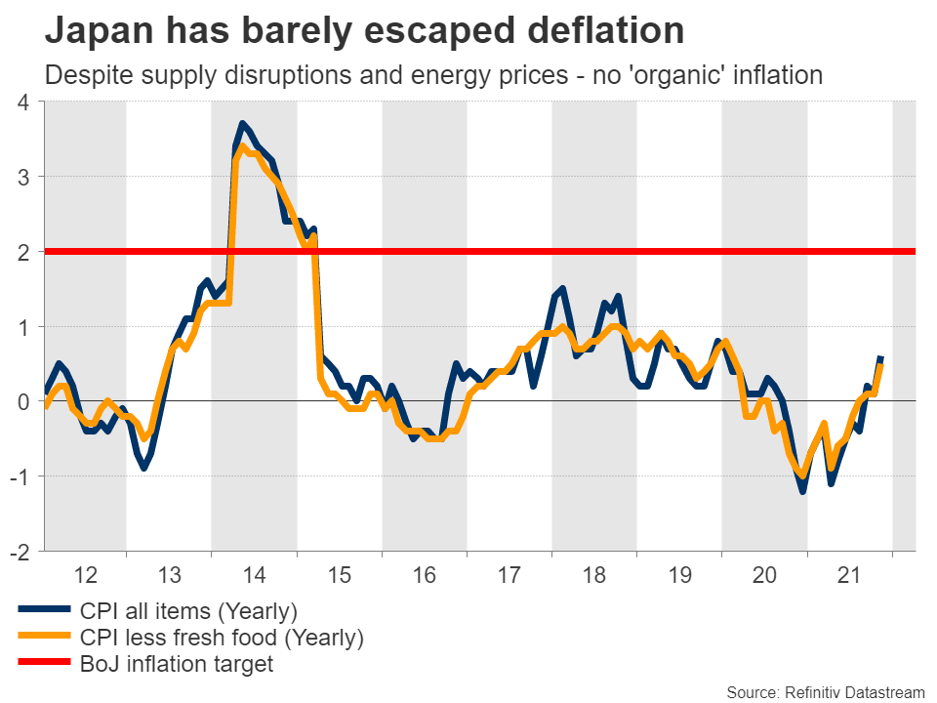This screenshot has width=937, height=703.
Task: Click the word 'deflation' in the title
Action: click(597, 31)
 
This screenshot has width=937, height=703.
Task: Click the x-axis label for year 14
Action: click(254, 575)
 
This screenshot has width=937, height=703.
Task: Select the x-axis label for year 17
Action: click(509, 575)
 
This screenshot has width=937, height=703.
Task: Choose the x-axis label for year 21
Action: click(849, 575)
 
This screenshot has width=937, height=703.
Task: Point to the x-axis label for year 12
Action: click(84, 575)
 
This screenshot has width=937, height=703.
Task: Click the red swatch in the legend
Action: click(44, 665)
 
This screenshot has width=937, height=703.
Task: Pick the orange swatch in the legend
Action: click(44, 639)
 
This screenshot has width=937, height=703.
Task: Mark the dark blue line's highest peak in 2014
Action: click(243, 124)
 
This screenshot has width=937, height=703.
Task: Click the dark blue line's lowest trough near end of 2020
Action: click(802, 490)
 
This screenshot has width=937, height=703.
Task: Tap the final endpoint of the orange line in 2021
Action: click(881, 366)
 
